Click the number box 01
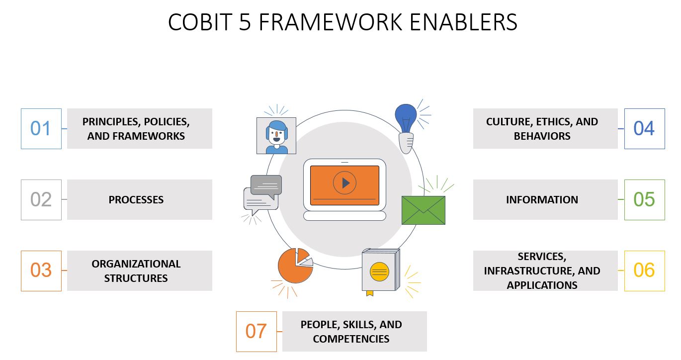41,129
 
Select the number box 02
41,200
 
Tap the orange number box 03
41,271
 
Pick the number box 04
645,129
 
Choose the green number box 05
645,200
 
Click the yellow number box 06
645,271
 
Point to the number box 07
256,332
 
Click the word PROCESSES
136,200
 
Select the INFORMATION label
542,200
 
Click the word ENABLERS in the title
463,22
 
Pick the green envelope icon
424,210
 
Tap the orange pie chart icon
295,266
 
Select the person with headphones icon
276,136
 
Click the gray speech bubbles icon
262,194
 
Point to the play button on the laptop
345,183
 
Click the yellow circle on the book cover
379,271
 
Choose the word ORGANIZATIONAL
136,264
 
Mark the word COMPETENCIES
351,339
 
